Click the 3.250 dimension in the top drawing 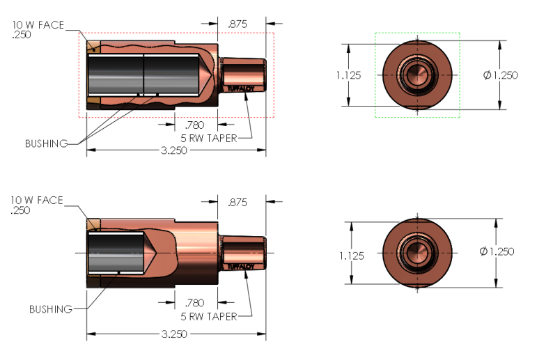174,150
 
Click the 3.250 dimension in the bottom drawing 174,334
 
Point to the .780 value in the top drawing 195,125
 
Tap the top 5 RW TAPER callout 209,138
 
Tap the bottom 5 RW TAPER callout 209,316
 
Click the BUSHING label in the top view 46,143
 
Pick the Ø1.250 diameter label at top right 500,75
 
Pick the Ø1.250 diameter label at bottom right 497,251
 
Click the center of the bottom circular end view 416,252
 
